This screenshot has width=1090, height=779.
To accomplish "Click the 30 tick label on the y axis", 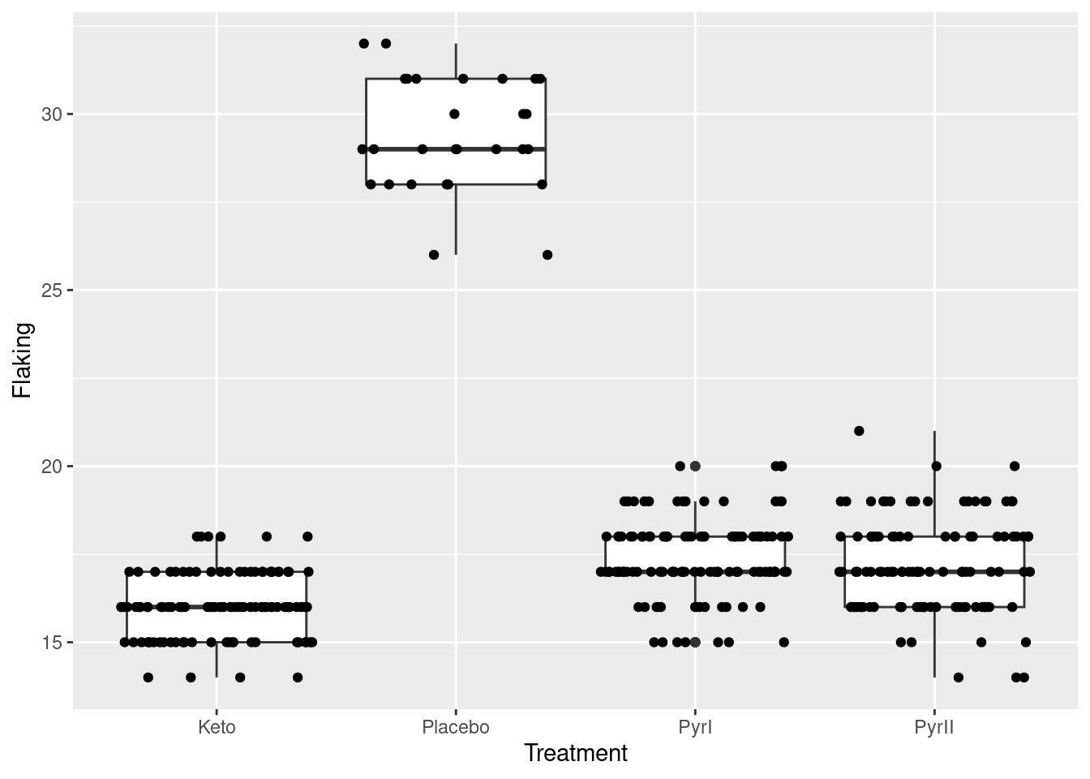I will [x=52, y=114].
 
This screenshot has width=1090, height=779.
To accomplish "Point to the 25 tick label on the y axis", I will [x=52, y=291].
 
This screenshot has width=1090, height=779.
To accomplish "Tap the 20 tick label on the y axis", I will [x=52, y=467].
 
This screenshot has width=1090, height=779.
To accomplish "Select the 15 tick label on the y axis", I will [x=52, y=643].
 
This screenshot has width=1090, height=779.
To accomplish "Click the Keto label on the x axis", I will [x=217, y=727].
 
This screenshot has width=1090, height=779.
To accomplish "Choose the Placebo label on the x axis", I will [x=456, y=727].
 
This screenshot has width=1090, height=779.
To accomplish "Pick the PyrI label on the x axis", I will [x=695, y=727].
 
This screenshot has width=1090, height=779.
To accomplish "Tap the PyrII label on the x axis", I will [x=934, y=727].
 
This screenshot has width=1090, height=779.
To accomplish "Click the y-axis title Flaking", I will [x=23, y=360].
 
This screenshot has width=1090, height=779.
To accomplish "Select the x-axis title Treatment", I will [x=576, y=754].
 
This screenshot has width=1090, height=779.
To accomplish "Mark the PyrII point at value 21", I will [x=859, y=431].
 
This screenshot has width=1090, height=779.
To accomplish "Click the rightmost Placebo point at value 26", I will [x=547, y=255].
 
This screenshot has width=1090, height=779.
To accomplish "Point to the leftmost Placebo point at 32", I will [x=363, y=43].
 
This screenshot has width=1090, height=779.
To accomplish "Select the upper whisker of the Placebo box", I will [x=456, y=61].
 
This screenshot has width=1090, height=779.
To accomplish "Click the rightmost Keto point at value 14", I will [x=298, y=678].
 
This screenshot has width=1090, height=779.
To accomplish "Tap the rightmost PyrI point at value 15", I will [x=783, y=643].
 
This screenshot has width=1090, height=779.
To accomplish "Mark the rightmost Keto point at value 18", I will [x=307, y=536].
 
